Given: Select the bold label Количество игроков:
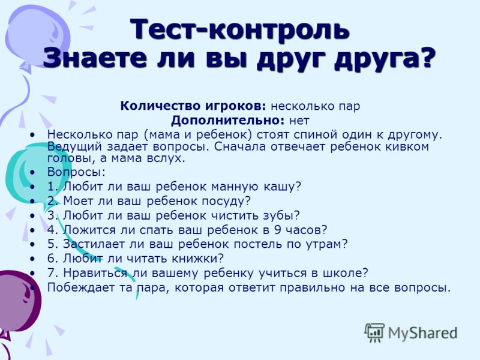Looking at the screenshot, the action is click(193, 106).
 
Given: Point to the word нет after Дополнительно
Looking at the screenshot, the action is click(299, 121).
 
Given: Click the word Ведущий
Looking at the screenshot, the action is click(74, 146).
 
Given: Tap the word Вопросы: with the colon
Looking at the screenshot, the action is click(76, 172).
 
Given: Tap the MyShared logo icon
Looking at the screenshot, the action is click(374, 333).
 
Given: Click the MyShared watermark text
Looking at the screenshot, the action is click(423, 333).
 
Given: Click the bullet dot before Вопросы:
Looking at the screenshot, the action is click(33, 172).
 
